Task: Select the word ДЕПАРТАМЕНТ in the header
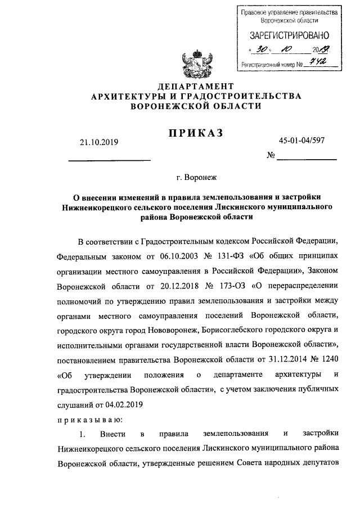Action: pos(196,86)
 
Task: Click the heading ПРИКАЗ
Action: pos(196,133)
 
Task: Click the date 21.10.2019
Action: pos(100,143)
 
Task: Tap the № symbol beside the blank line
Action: pos(271,155)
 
